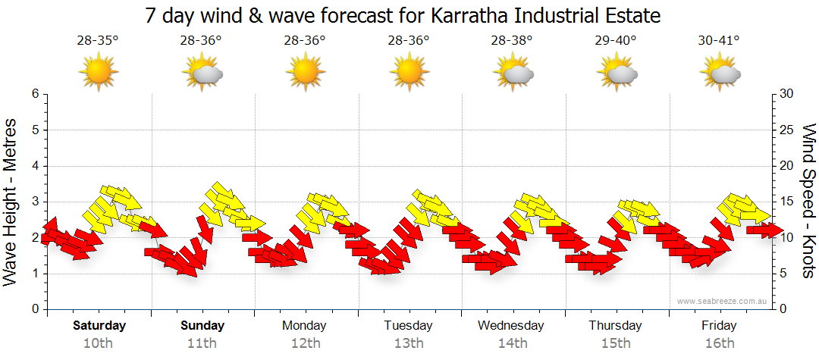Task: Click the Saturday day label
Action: [99, 326]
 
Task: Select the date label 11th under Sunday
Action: [202, 343]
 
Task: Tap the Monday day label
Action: [304, 326]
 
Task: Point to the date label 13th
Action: [408, 343]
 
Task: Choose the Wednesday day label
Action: [511, 326]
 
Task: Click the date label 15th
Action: [616, 343]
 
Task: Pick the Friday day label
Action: [719, 326]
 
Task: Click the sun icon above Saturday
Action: [99, 73]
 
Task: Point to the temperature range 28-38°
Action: [512, 41]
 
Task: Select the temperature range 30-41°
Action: [719, 41]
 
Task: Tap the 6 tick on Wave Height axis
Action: [35, 94]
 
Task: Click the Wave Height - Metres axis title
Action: [12, 202]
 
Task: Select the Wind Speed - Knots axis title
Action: [808, 202]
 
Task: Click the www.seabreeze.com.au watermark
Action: [723, 301]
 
